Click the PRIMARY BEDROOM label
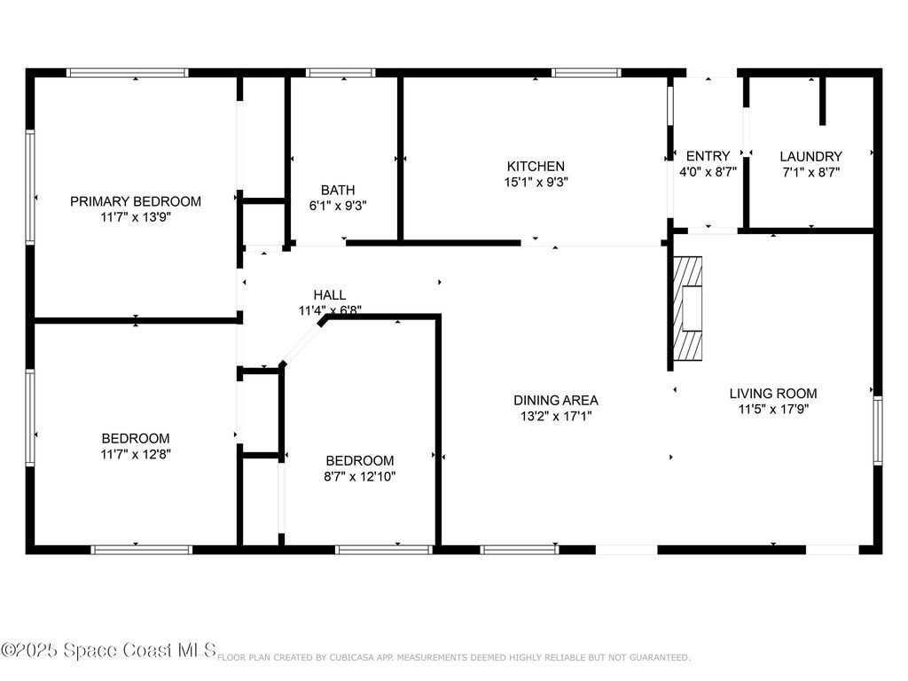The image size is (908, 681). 136,201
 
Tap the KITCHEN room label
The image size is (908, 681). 536,166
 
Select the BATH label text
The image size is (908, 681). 338,190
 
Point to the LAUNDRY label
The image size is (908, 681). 810,156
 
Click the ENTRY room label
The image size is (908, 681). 708,156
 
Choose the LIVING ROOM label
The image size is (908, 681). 773,393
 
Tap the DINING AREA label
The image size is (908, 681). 556,400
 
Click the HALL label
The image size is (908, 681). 330,294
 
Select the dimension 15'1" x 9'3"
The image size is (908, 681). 536,182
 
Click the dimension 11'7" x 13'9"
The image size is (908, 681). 136,217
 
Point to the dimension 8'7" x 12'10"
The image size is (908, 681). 360,476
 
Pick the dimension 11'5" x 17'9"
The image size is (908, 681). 773,409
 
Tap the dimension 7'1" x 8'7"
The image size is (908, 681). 810,172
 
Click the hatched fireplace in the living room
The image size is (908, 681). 688,308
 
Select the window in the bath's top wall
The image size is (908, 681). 340,73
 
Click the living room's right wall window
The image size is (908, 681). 878,430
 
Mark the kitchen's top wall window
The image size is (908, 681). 586,73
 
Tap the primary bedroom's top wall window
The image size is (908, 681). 127,73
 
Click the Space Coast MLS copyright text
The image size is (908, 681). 108,650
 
